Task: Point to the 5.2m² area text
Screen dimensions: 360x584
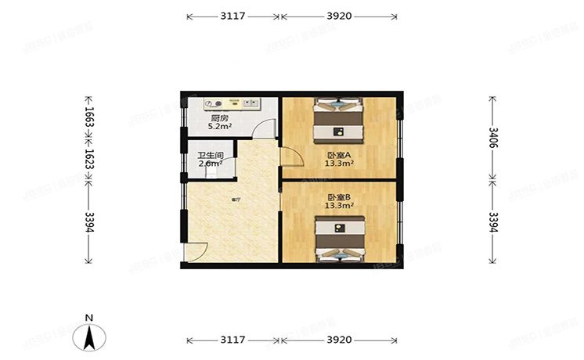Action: (x=218, y=126)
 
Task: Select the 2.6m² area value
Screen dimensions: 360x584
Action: (x=210, y=164)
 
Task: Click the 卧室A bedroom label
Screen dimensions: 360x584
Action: (x=339, y=155)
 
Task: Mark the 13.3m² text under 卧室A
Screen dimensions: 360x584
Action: (x=340, y=164)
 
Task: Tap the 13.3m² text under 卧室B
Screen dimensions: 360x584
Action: (x=339, y=206)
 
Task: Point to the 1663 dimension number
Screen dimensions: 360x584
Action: (x=88, y=117)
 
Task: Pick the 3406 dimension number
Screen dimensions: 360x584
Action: (x=493, y=139)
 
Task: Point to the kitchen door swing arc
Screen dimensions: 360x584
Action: (x=269, y=129)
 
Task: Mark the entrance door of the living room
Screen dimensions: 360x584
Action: (x=196, y=253)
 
